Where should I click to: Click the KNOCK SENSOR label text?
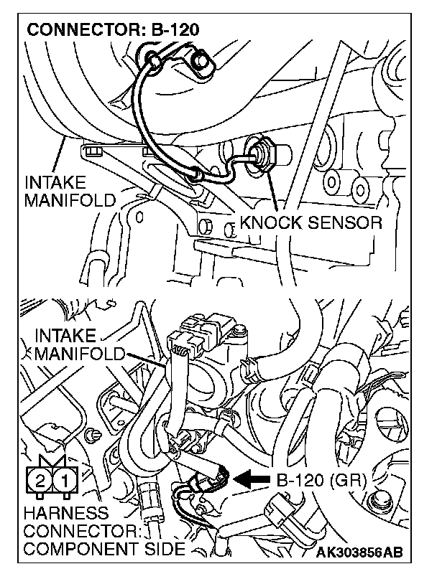(310, 223)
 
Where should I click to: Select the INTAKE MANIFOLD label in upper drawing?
(69, 190)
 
